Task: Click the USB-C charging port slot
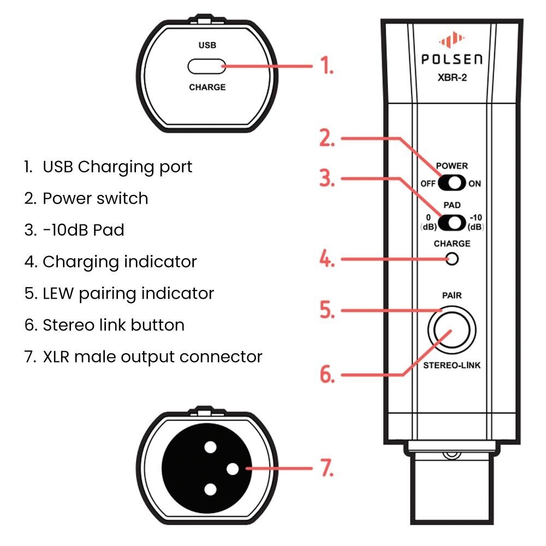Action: pos(207,67)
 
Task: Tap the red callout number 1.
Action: pos(327,66)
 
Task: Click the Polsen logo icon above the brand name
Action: pos(451,41)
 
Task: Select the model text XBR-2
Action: pos(451,78)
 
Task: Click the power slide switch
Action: pos(452,183)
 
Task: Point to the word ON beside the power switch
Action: pos(474,183)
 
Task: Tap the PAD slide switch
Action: pos(452,222)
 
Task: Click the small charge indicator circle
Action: pos(452,259)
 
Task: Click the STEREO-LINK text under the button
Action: pos(452,365)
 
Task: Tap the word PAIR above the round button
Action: pos(452,295)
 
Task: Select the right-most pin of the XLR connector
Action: pos(232,468)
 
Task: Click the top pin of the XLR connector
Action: pos(209,448)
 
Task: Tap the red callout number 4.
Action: pos(327,259)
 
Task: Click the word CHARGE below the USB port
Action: pos(207,87)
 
